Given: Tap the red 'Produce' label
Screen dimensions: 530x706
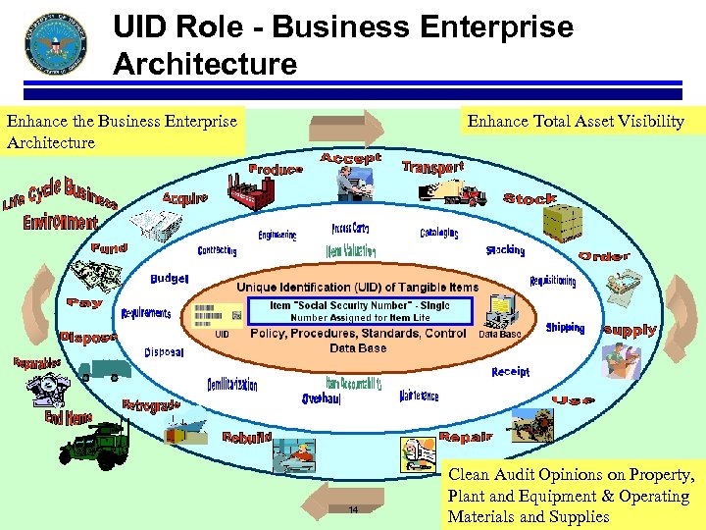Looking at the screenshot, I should (276, 169).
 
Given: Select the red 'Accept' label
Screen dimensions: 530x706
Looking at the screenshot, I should (350, 158).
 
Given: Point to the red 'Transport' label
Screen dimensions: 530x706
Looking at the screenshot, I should (432, 167).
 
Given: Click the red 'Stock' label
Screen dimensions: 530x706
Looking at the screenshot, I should (529, 198).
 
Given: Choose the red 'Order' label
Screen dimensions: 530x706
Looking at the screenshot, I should (604, 256).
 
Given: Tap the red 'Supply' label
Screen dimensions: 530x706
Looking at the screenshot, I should (629, 330).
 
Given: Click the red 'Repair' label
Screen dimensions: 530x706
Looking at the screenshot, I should (465, 436).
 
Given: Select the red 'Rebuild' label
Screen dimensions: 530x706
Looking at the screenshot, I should (246, 437).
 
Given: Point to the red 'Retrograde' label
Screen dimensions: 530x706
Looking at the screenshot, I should (151, 405).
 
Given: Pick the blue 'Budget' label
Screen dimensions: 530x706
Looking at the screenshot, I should (169, 279).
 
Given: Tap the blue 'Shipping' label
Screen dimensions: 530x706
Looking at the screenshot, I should (565, 328).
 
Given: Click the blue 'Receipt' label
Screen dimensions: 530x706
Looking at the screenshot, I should (510, 372).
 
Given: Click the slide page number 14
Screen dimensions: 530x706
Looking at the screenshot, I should (354, 509).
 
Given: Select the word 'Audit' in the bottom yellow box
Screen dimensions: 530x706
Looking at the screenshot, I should (517, 476).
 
